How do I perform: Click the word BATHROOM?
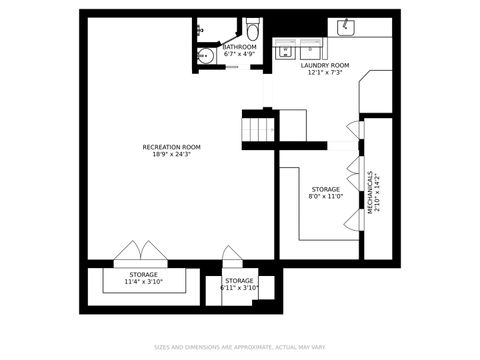(x=239, y=47)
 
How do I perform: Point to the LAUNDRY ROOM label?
(x=325, y=65)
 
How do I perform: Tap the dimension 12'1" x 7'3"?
(x=325, y=73)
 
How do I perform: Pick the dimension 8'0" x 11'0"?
(x=325, y=197)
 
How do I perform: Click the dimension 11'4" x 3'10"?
(x=143, y=282)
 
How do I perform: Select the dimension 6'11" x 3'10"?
(x=239, y=288)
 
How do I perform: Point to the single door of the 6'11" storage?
(x=231, y=258)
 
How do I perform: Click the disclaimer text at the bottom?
(x=239, y=348)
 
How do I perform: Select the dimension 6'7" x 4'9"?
(x=239, y=55)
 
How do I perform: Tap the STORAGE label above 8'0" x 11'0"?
(x=325, y=189)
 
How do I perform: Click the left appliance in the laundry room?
(x=285, y=49)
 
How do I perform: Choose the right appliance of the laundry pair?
(x=311, y=49)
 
